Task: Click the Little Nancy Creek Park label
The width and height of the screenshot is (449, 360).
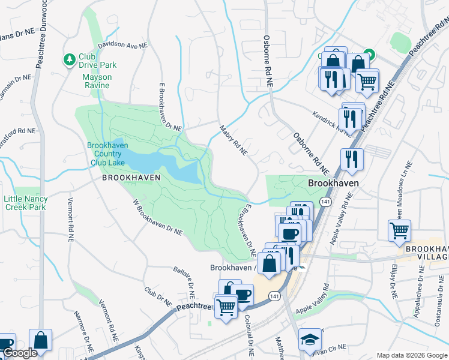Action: point(25,203)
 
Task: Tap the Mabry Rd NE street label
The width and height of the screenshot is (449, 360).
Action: point(234,140)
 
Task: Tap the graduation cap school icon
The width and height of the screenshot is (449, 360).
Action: point(310,340)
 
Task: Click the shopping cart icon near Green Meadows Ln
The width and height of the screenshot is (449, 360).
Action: point(399,230)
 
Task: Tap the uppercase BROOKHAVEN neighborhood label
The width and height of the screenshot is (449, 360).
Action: point(131,178)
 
